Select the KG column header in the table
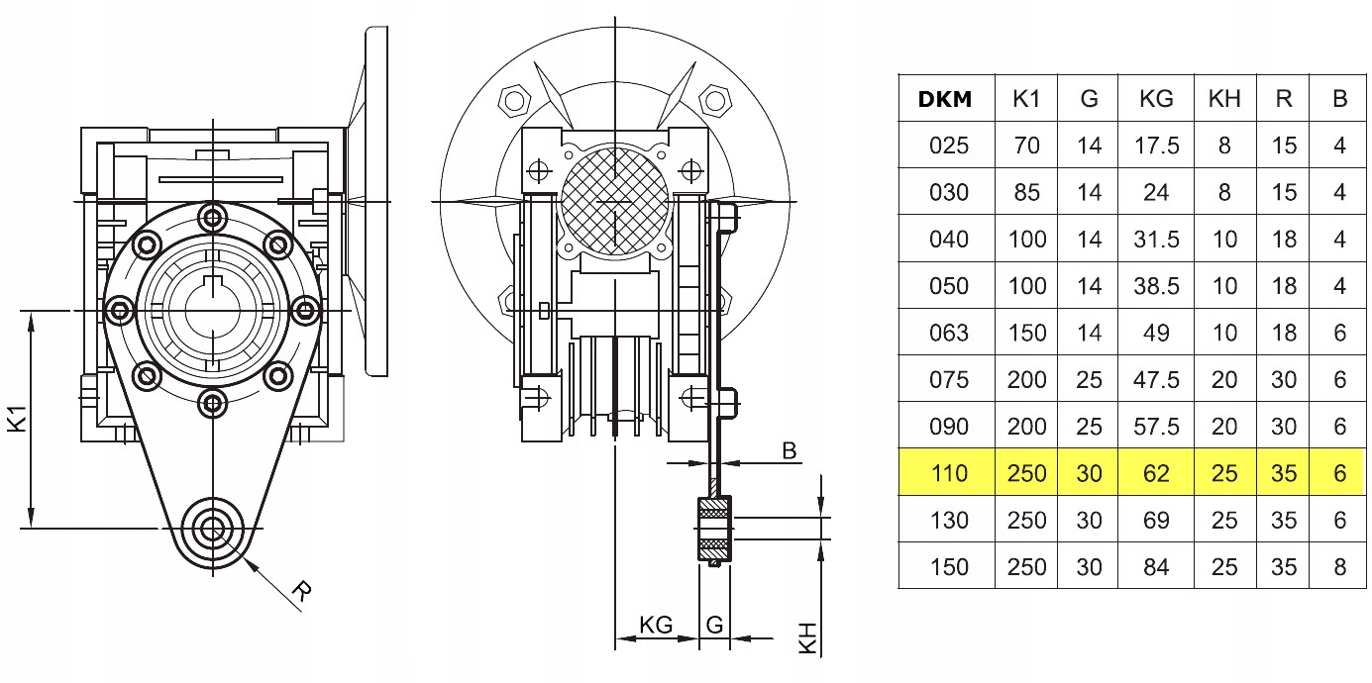[x=1156, y=98]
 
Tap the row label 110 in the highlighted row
[x=949, y=473]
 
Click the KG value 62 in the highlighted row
[x=1156, y=473]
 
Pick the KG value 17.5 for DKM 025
[x=1156, y=146]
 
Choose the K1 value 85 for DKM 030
[x=1026, y=192]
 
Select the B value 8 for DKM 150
[x=1339, y=567]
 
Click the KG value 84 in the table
[x=1156, y=567]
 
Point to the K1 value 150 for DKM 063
[x=1026, y=333]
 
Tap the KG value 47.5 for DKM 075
[x=1156, y=380]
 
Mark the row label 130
[x=949, y=521]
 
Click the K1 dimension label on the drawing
[x=17, y=422]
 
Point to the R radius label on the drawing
[x=302, y=593]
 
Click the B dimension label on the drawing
[x=790, y=451]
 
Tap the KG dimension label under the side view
[x=656, y=625]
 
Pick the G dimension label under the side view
[x=714, y=625]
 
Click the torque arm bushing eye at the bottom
[x=211, y=528]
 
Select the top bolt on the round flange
[x=211, y=216]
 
